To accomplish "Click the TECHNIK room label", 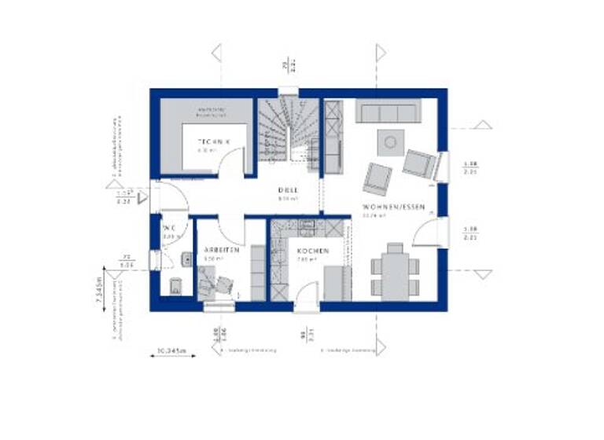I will point(213,141).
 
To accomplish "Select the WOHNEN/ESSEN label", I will point(393,207).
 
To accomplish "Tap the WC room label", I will point(169,228).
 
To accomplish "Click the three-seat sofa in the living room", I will point(385,112).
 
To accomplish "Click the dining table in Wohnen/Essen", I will point(395,273).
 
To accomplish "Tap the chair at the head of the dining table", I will point(395,248).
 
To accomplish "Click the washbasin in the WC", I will point(186,258).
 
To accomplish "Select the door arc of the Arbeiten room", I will point(230,232).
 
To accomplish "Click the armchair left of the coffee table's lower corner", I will point(377,178).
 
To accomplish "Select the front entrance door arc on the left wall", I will point(172,196).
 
